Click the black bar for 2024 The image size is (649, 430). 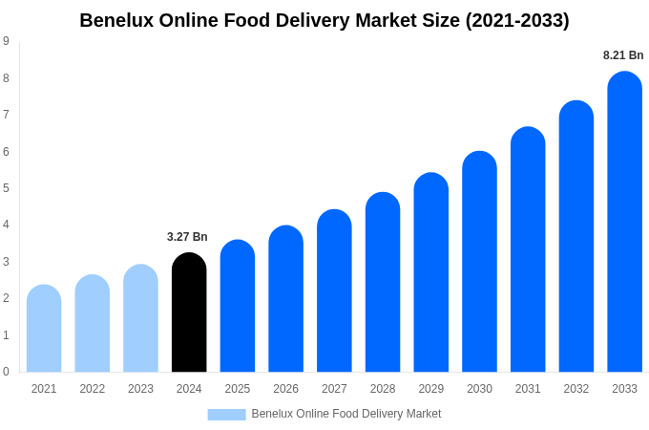[189, 312]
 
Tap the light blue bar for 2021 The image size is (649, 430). [44, 329]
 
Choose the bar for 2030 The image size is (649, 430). [479, 262]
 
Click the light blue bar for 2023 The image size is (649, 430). [140, 318]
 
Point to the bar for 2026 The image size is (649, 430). [285, 299]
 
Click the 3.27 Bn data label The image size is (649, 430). [187, 237]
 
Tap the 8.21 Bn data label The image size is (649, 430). [623, 55]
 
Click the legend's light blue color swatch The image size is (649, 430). [226, 414]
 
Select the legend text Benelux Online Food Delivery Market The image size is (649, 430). [345, 414]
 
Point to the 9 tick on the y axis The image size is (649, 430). [6, 41]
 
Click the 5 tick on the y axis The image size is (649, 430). [6, 188]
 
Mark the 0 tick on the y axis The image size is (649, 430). [6, 372]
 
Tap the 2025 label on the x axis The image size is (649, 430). [238, 389]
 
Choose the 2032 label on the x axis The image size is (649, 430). [576, 389]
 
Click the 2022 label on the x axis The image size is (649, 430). [93, 389]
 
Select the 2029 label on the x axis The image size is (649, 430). [430, 389]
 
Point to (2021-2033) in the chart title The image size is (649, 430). [516, 20]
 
